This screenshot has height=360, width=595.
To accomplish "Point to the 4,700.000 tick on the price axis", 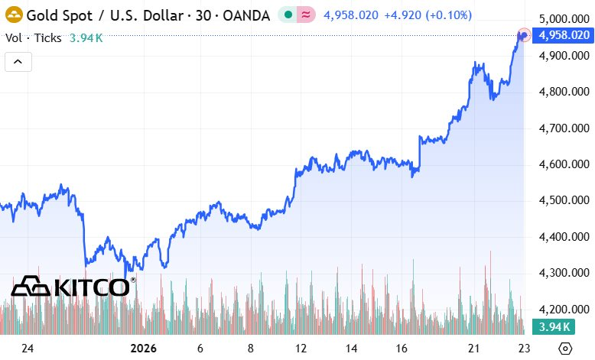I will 564,128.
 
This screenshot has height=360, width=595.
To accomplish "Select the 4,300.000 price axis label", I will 564,273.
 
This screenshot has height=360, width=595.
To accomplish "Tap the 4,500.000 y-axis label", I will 564,200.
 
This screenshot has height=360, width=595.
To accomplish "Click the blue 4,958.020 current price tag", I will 564,35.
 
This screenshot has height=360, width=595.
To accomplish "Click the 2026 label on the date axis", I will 142,348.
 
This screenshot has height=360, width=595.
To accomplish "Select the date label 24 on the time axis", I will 28,348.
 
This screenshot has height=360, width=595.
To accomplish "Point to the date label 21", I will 474,348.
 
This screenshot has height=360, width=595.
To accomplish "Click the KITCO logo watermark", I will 73,287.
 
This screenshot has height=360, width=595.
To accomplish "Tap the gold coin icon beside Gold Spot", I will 13,14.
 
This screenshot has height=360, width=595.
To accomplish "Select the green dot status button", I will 285,14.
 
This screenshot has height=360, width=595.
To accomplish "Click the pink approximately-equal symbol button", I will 306,14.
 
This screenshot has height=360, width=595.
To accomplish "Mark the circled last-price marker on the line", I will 524,34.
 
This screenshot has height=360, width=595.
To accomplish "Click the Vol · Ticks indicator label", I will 33,37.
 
